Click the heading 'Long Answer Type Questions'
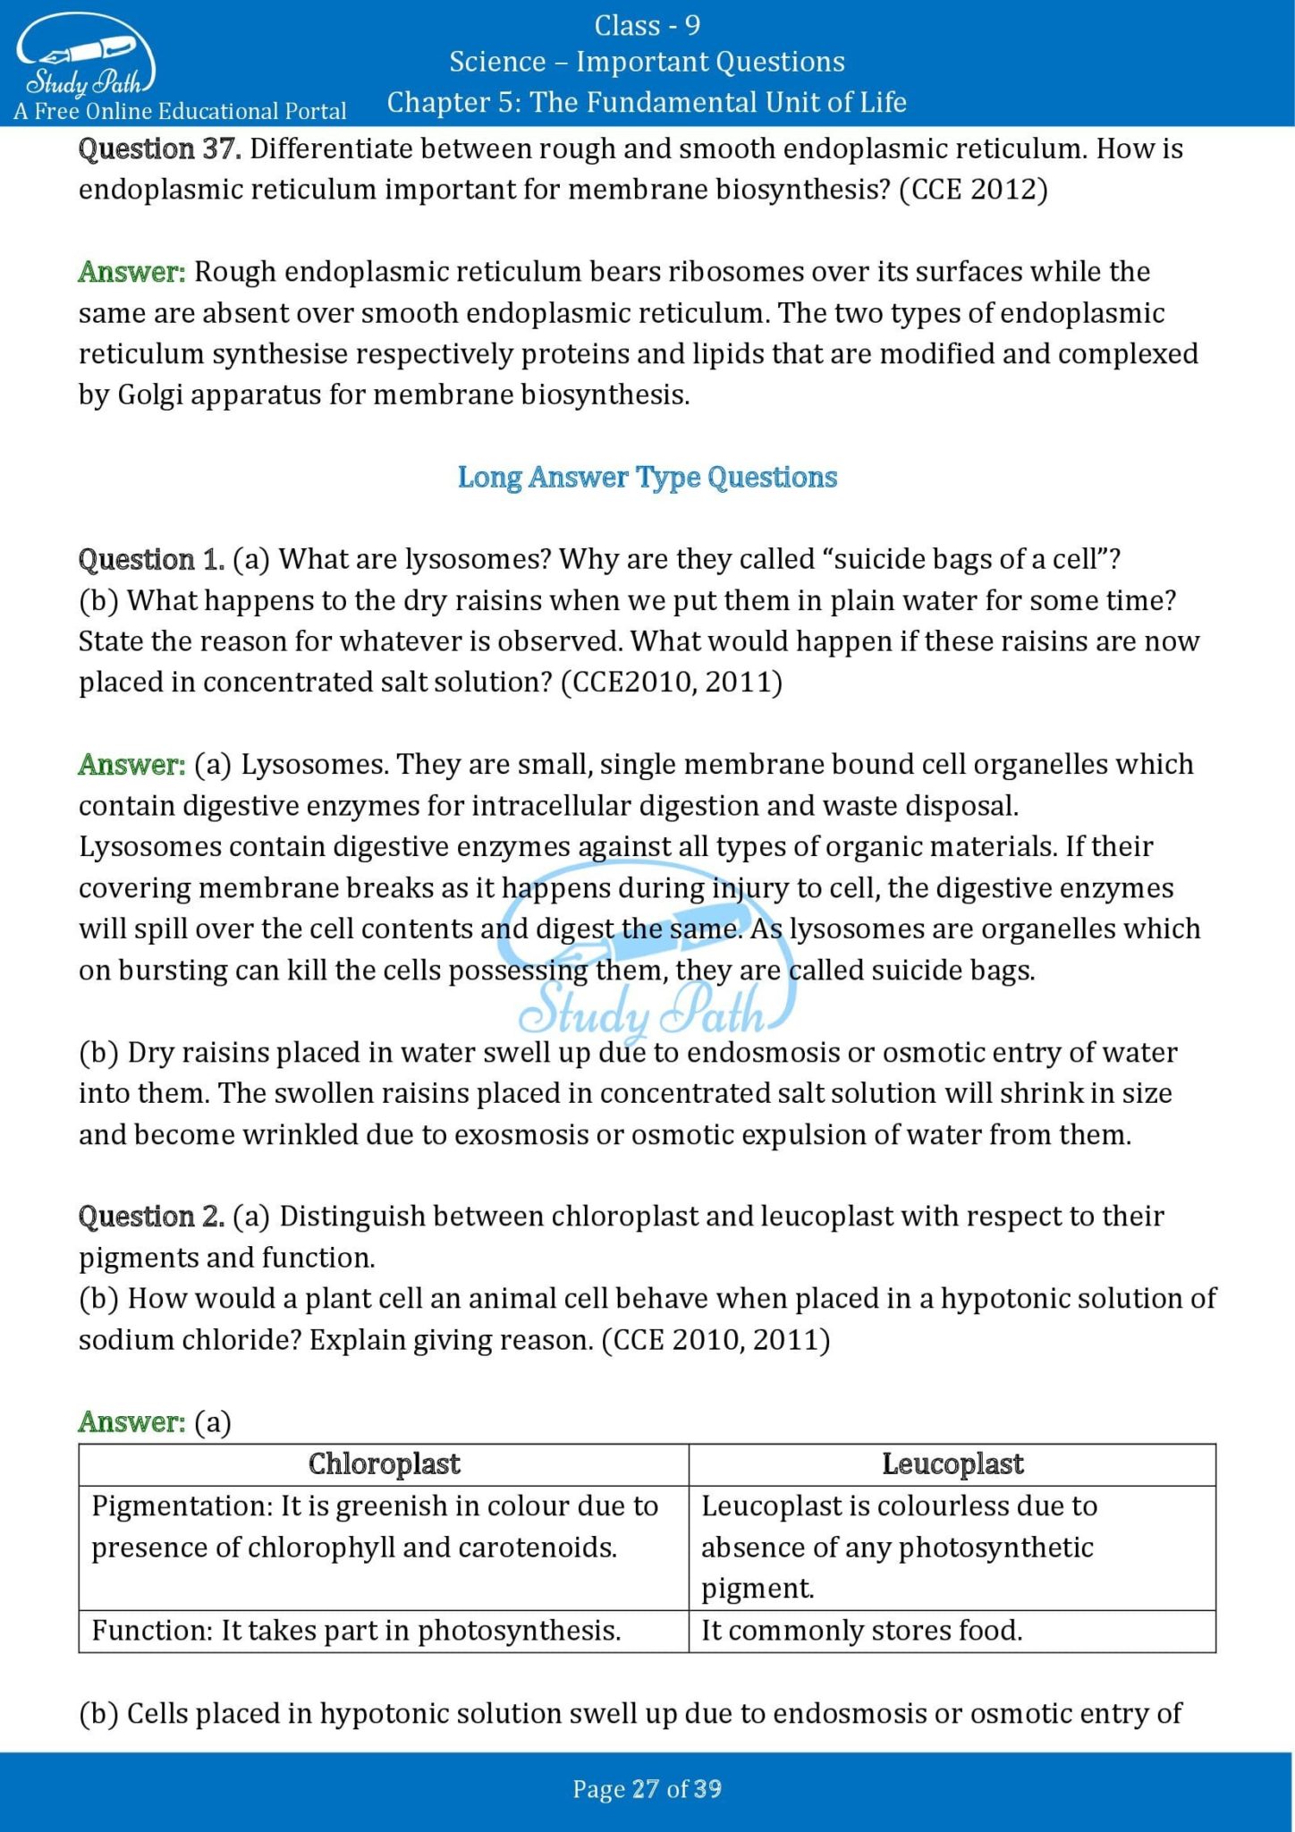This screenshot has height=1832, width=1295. [x=647, y=477]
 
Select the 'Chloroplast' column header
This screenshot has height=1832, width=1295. [x=384, y=1463]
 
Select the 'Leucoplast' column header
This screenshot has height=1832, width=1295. [x=952, y=1463]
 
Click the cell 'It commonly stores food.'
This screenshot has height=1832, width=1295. [x=861, y=1630]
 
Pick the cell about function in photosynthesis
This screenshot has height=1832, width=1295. [x=356, y=1630]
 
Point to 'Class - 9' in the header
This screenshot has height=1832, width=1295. [x=647, y=25]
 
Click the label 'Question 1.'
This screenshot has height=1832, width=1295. [x=151, y=559]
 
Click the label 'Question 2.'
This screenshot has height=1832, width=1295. [x=151, y=1216]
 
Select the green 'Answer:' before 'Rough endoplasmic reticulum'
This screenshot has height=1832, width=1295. [x=131, y=271]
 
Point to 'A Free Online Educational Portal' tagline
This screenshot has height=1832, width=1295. [x=180, y=111]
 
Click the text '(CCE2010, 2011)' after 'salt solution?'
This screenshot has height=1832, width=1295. [x=671, y=683]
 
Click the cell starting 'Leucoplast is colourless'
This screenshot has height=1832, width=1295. [x=899, y=1547]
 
